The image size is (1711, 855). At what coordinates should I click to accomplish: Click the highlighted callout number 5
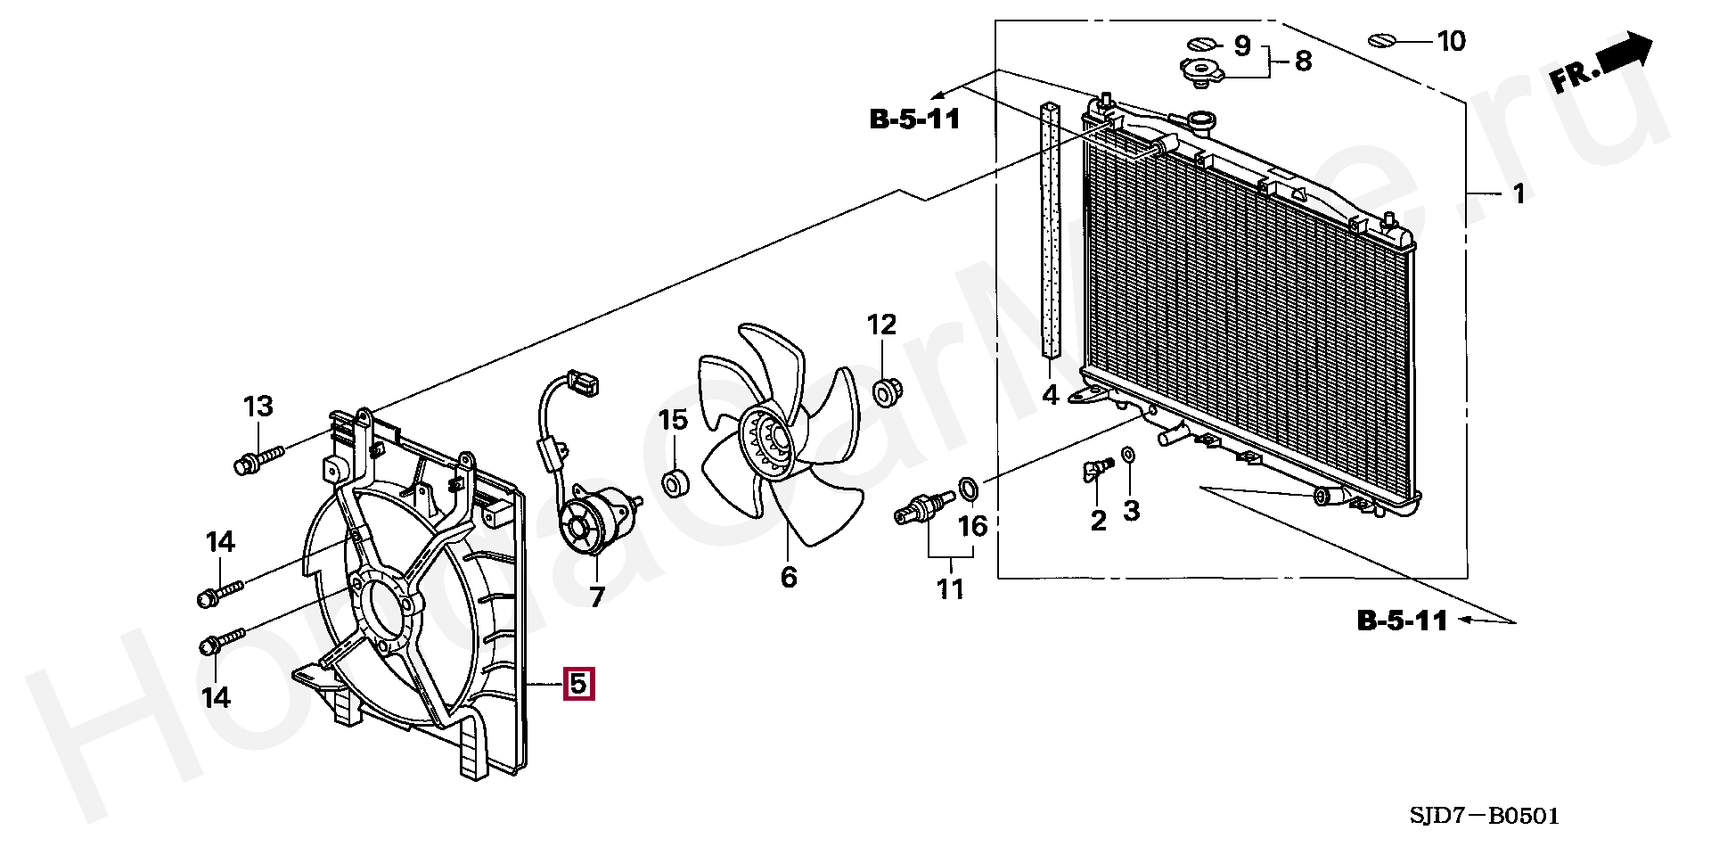click(x=577, y=685)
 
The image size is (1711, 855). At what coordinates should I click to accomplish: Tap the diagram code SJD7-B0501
click(x=1485, y=817)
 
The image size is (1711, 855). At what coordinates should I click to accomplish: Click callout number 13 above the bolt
click(x=258, y=407)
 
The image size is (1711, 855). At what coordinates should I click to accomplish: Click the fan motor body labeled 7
click(x=597, y=521)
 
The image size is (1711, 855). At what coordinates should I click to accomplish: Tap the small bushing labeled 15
click(x=674, y=484)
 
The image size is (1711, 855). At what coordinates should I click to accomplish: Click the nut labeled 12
click(x=884, y=392)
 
